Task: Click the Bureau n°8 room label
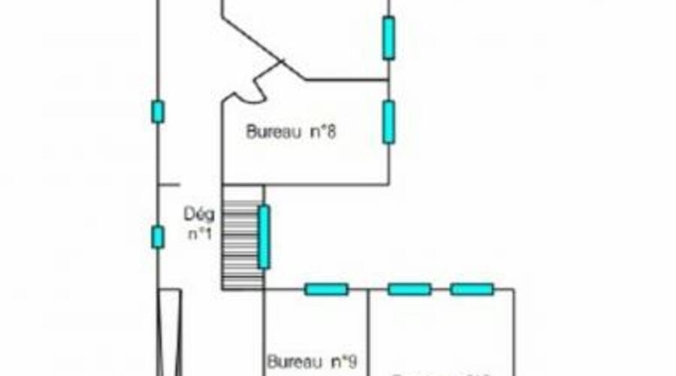pyautogui.click(x=290, y=132)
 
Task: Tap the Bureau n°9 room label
pyautogui.click(x=311, y=361)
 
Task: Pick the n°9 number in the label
pyautogui.click(x=343, y=361)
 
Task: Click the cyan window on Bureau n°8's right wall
pyautogui.click(x=388, y=122)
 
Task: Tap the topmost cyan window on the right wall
pyautogui.click(x=388, y=38)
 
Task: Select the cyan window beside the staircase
pyautogui.click(x=264, y=237)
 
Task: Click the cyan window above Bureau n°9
pyautogui.click(x=326, y=289)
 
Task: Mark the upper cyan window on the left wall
pyautogui.click(x=157, y=111)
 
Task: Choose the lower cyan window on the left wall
pyautogui.click(x=157, y=237)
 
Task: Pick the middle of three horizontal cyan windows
pyautogui.click(x=409, y=289)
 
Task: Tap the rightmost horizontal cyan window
pyautogui.click(x=472, y=289)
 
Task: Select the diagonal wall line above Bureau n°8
pyautogui.click(x=263, y=45)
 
